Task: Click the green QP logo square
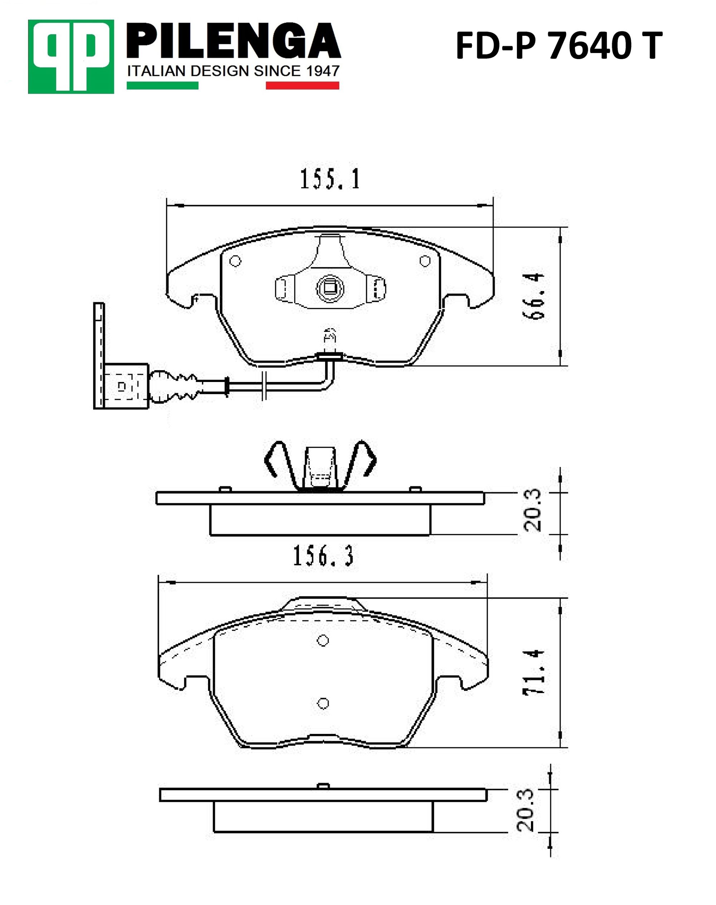click(x=71, y=57)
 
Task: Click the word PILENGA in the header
click(x=233, y=41)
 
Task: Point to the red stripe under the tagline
click(x=302, y=85)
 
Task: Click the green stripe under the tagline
click(x=163, y=85)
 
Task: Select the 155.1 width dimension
click(x=330, y=179)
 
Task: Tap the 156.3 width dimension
click(x=323, y=556)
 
